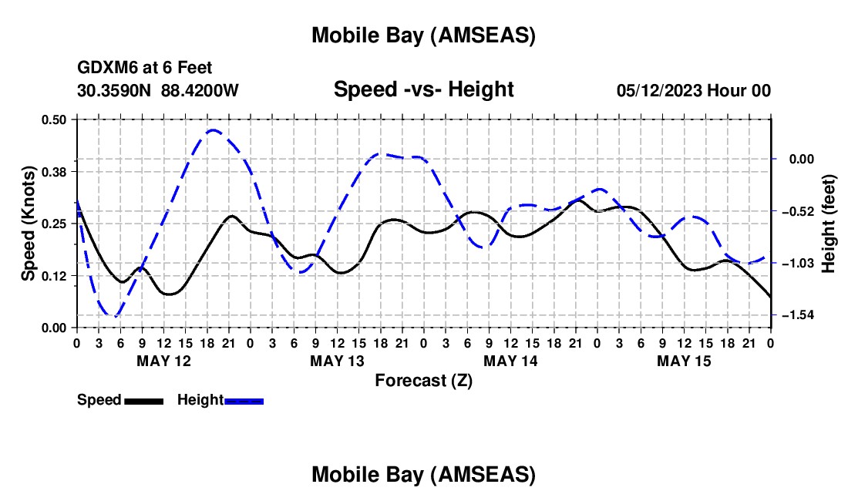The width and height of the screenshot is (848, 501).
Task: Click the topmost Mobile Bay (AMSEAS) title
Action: [423, 35]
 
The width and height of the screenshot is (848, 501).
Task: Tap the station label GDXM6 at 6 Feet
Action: [145, 69]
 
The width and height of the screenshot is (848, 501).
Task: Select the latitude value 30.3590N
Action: [116, 90]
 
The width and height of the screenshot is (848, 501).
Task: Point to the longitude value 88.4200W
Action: [200, 90]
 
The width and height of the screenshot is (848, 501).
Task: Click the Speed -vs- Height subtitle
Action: [423, 89]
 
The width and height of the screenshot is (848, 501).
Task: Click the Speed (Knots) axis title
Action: [29, 224]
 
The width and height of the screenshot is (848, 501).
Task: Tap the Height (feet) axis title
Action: [828, 224]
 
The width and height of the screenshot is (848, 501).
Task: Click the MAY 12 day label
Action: [163, 360]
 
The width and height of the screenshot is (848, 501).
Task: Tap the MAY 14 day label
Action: [510, 360]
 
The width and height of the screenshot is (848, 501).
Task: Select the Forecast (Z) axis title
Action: [423, 380]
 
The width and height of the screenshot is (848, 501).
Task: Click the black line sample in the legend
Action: [143, 401]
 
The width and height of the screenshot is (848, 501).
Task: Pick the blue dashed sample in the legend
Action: [244, 401]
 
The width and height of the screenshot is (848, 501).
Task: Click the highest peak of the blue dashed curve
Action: [214, 130]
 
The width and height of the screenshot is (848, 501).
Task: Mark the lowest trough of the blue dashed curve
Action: [115, 316]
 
